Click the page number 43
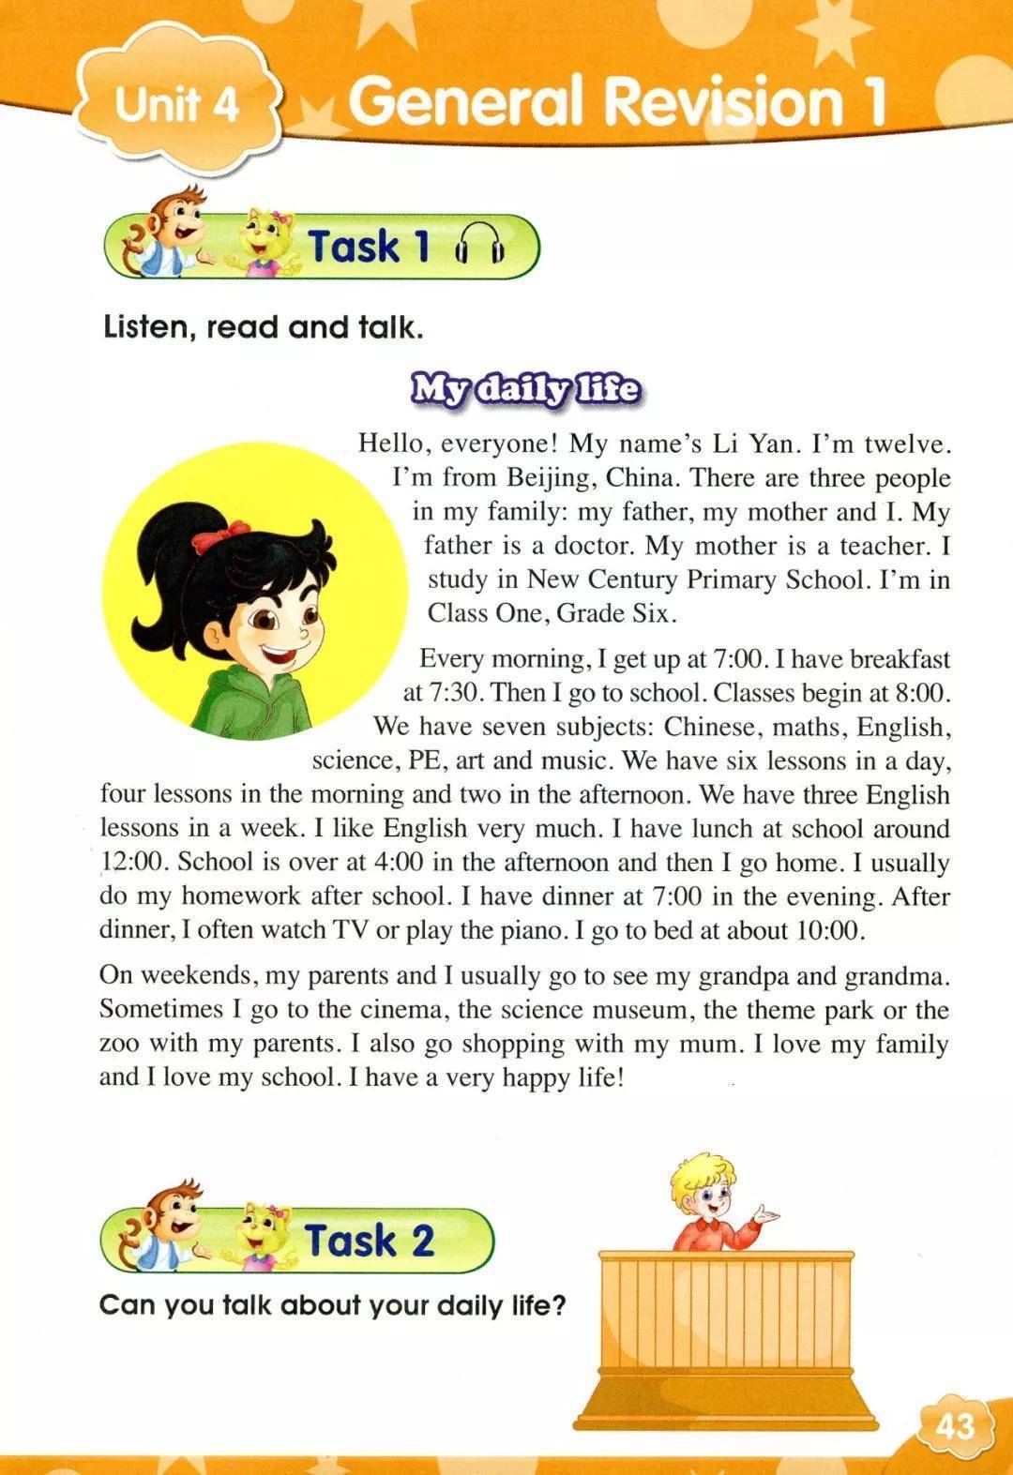[954, 1426]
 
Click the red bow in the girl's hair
[209, 538]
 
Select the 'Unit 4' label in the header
[176, 104]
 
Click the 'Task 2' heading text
[369, 1241]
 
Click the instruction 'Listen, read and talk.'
[264, 327]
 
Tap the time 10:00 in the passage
[827, 930]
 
